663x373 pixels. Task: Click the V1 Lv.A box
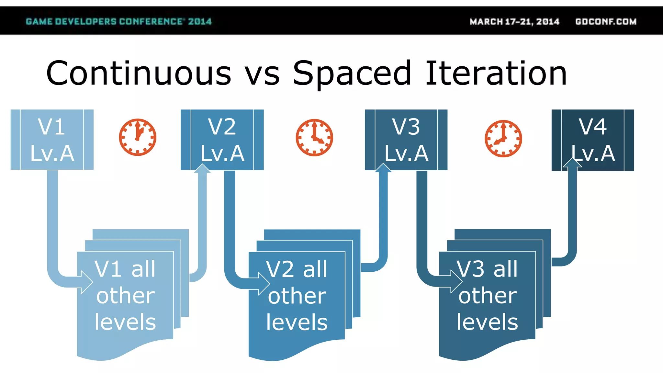pyautogui.click(x=52, y=140)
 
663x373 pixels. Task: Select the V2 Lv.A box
pyautogui.click(x=222, y=140)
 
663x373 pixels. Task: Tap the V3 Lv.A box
pyautogui.click(x=406, y=140)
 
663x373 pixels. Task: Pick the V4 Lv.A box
pyautogui.click(x=593, y=140)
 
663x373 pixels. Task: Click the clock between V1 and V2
pyautogui.click(x=138, y=137)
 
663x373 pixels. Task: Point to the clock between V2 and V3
pyautogui.click(x=314, y=138)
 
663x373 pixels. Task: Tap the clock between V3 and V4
pyautogui.click(x=503, y=139)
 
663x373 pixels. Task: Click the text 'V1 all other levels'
pyautogui.click(x=125, y=295)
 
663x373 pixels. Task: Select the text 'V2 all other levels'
pyautogui.click(x=297, y=296)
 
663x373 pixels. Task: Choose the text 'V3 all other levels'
pyautogui.click(x=488, y=295)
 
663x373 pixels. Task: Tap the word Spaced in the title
pyautogui.click(x=352, y=74)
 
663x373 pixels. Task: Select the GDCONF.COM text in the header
pyautogui.click(x=606, y=22)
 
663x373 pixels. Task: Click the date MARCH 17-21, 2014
pyautogui.click(x=514, y=22)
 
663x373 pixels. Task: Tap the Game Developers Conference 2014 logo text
pyautogui.click(x=118, y=22)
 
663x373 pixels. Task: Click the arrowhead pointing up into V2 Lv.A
pyautogui.click(x=202, y=169)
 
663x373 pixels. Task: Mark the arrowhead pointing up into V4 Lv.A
pyautogui.click(x=572, y=163)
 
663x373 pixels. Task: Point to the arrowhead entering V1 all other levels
pyautogui.click(x=86, y=282)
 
